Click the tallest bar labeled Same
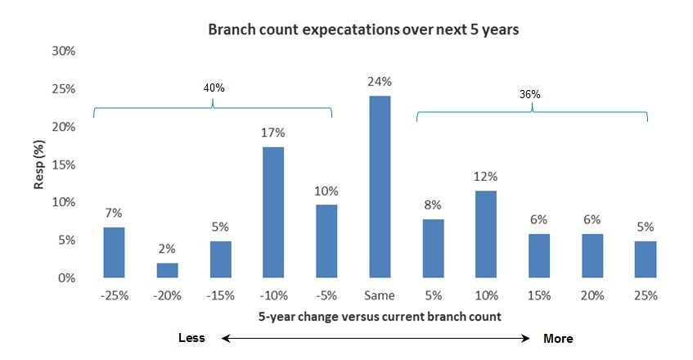(380, 187)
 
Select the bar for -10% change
(273, 213)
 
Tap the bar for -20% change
(168, 270)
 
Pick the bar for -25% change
(114, 253)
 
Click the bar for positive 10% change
(486, 234)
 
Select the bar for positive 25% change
(646, 259)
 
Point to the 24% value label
(380, 82)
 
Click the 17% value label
(273, 133)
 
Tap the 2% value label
(167, 249)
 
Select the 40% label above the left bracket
(214, 88)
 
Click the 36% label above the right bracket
(530, 95)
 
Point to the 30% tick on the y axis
(64, 52)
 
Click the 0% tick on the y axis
(67, 278)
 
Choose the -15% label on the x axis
(220, 295)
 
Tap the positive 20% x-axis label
(592, 295)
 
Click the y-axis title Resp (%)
(39, 164)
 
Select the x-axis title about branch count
(380, 317)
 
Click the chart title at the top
(363, 29)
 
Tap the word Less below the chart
(191, 338)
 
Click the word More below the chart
(558, 339)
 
